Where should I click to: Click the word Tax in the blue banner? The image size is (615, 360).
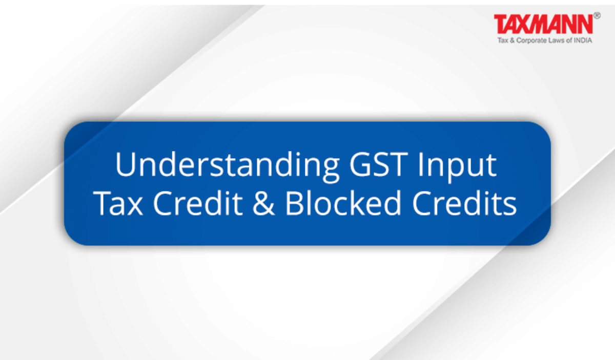118,203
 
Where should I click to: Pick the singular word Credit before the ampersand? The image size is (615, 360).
198,203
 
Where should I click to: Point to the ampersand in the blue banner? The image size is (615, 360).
263,203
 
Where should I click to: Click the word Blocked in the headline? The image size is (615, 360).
343,203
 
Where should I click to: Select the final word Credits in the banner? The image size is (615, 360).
464,203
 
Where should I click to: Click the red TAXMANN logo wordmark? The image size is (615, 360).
543,24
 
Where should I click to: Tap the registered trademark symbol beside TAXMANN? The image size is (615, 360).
597,16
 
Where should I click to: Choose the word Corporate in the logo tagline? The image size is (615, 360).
531,40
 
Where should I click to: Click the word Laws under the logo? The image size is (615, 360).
557,40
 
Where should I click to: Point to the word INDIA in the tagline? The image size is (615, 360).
583,40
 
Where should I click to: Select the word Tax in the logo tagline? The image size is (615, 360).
503,40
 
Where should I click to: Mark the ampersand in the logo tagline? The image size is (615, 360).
512,40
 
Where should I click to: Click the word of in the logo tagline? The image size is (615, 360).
569,40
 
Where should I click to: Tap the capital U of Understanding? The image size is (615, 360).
126,164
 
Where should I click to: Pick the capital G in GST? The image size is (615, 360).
360,164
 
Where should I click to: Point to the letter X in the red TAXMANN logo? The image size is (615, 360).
525,24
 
